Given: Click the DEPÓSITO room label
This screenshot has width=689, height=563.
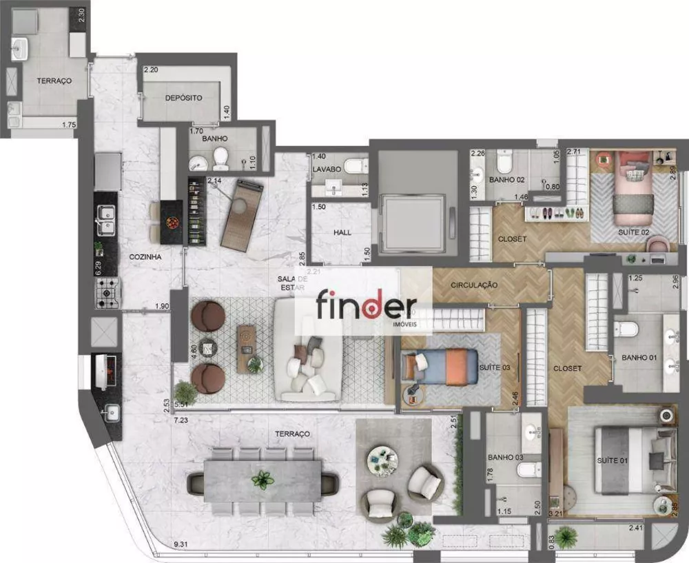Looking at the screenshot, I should click(x=183, y=98).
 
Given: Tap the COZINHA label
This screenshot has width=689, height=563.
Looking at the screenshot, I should click(x=145, y=256).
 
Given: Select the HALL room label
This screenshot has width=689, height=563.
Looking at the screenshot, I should click(x=342, y=233).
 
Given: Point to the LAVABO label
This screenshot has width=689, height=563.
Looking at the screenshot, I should click(x=326, y=169).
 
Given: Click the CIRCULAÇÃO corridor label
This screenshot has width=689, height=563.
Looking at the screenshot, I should click(x=475, y=285).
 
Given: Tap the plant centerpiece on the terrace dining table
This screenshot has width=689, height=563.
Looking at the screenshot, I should click(x=263, y=480).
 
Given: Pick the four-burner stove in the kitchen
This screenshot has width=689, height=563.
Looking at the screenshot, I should click(x=107, y=293).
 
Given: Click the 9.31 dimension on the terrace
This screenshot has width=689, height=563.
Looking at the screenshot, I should click(x=181, y=545).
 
